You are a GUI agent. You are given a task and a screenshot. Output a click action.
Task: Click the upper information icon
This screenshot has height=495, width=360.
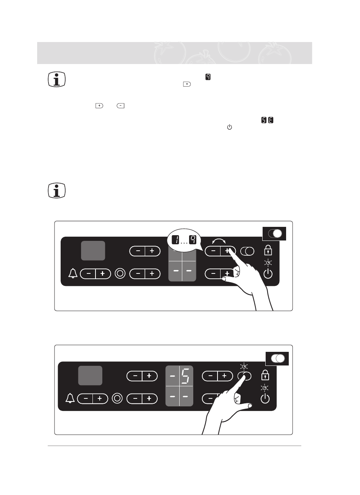[57, 80]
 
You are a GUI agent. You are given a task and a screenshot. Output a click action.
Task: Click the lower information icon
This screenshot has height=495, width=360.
[57, 191]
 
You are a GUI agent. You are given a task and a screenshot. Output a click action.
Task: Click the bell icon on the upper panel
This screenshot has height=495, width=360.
[73, 273]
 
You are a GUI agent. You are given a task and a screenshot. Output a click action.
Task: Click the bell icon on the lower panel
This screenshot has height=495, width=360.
[69, 398]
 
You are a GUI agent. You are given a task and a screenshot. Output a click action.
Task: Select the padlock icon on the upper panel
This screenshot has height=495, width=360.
[268, 250]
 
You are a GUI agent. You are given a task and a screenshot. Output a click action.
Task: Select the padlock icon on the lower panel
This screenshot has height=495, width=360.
[265, 376]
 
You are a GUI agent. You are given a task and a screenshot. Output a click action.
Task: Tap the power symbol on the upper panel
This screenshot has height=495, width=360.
[268, 273]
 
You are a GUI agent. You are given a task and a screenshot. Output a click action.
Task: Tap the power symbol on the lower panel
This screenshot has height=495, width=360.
[265, 399]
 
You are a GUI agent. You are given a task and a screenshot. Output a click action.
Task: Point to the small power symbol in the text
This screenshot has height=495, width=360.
[229, 128]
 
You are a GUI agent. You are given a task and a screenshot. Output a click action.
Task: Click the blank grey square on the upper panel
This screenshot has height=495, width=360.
[93, 250]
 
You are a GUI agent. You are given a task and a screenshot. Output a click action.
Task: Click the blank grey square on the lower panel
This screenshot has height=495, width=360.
[90, 376]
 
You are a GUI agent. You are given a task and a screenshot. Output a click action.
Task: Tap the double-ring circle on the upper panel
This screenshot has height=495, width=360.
[120, 273]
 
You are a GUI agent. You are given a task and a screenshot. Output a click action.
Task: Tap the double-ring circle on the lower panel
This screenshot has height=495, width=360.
[117, 398]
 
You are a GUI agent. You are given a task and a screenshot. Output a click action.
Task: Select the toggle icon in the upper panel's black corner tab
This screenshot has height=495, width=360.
[274, 234]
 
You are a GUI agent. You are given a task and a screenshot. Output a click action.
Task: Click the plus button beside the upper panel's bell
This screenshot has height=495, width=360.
[102, 273]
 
